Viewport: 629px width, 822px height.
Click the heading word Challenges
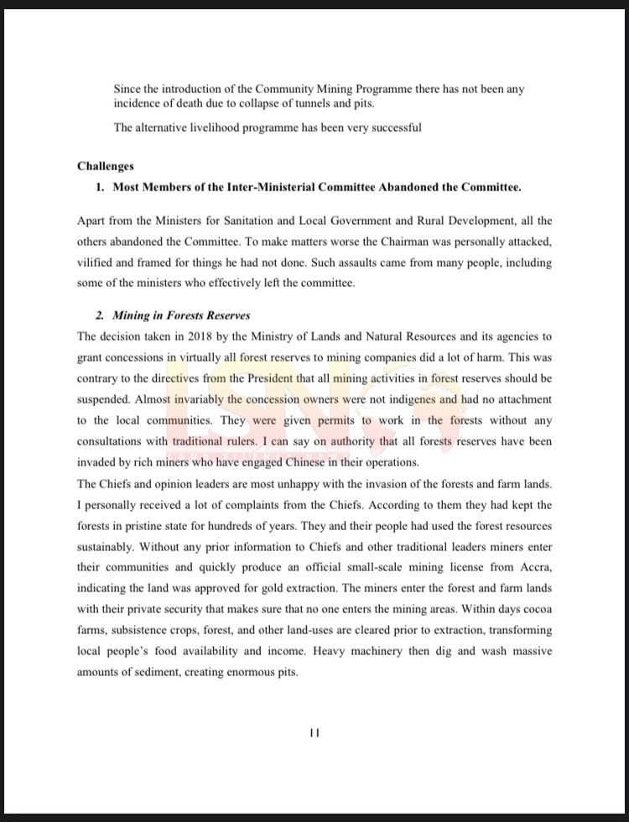pos(106,166)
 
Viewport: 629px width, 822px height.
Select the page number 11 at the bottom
pos(314,732)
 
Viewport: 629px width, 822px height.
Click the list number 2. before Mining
pos(101,315)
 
